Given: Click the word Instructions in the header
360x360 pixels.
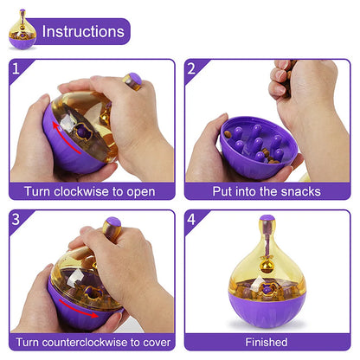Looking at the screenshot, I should [83, 32].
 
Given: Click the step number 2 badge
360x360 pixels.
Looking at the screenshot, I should [193, 67].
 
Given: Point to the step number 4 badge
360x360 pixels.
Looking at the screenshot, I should [193, 219].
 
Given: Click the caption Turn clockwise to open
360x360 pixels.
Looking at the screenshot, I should [90, 191].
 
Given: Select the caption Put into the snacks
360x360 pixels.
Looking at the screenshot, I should [267, 191].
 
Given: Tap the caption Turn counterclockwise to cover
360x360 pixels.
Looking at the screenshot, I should [90, 342].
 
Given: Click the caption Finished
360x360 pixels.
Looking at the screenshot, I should [267, 342].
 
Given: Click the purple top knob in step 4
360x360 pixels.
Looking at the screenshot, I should [267, 220].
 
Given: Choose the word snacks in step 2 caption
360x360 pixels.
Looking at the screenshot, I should [298, 191].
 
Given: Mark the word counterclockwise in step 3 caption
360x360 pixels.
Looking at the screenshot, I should [94, 342].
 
